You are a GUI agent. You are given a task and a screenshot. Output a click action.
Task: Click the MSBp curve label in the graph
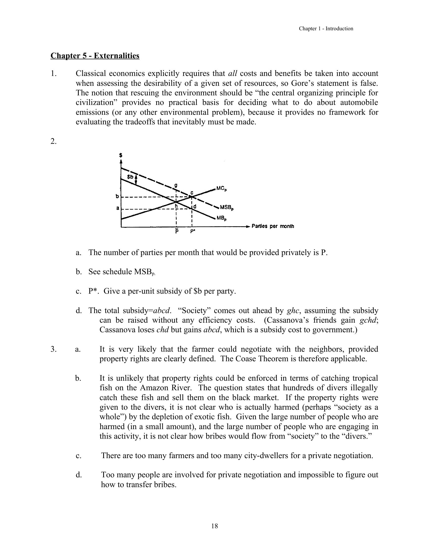(226, 208)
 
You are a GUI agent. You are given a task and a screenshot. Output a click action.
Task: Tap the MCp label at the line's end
(221, 188)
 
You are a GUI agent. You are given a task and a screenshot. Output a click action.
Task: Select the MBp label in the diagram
(222, 218)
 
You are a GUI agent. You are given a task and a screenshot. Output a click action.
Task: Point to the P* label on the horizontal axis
(193, 232)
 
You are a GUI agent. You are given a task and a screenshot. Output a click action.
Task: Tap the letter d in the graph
(195, 206)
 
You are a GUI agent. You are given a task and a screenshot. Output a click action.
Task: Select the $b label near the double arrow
(130, 177)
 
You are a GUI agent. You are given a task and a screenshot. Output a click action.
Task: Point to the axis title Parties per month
(273, 226)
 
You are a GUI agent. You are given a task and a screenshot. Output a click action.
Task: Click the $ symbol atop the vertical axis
(121, 155)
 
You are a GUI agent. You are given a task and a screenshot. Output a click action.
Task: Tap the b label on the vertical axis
(117, 197)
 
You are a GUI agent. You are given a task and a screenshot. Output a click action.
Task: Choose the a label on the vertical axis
(117, 208)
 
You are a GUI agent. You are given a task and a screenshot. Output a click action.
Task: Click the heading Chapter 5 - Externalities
(95, 56)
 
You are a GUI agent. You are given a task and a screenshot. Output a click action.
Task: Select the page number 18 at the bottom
(215, 526)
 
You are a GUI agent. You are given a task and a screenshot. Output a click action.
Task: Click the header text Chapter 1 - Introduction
(326, 29)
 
